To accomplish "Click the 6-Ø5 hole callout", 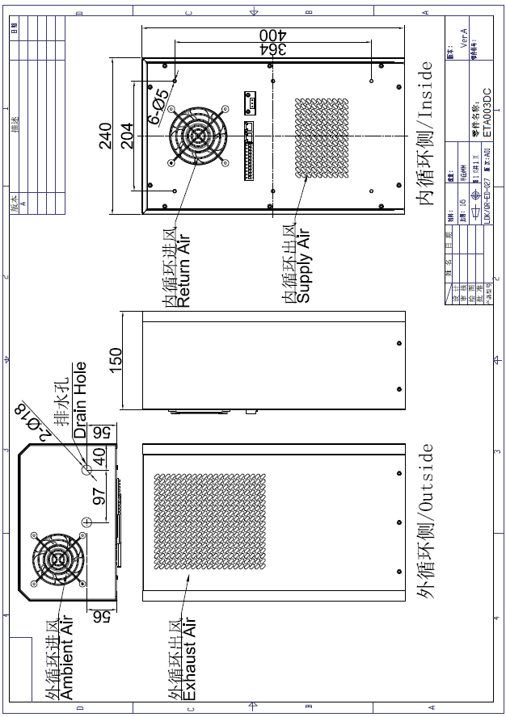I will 158,106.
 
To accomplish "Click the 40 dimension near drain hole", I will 99,456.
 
